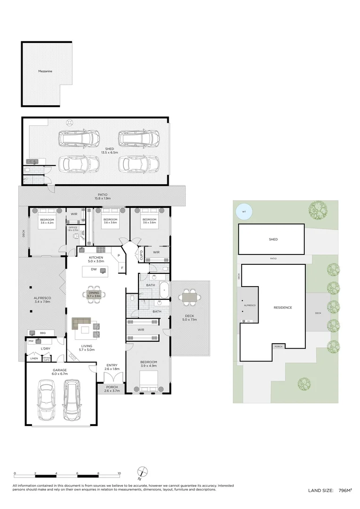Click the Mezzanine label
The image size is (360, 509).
tap(45, 71)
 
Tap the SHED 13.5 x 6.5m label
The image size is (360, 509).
tap(109, 151)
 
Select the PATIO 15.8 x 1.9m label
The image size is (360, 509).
tap(103, 196)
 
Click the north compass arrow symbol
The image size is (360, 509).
tap(143, 472)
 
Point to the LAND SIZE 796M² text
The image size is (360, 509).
tap(330, 491)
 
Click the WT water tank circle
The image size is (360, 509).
tap(244, 212)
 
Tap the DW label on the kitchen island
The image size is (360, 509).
tap(94, 270)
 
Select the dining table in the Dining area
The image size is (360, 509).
tap(95, 294)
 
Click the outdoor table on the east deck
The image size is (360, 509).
tap(188, 297)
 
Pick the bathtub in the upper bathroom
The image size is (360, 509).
tap(163, 289)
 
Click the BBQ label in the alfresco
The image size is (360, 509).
tap(42, 332)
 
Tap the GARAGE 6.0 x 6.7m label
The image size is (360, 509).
tap(60, 372)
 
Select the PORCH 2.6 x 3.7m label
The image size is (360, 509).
tap(112, 389)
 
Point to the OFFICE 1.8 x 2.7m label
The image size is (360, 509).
tap(73, 230)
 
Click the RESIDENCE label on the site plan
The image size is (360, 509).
tap(283, 308)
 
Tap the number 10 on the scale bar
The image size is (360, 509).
tap(119, 473)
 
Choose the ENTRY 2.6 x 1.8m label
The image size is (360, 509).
tap(112, 367)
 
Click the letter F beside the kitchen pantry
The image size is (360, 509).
tap(122, 268)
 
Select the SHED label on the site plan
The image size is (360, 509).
tap(273, 239)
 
